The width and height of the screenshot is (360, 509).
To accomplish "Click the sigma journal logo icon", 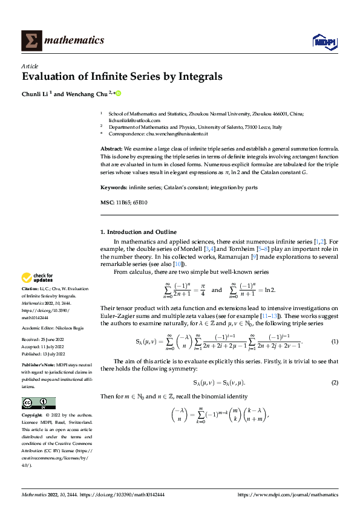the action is [31, 41].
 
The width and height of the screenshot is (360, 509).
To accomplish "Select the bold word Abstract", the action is [111, 148].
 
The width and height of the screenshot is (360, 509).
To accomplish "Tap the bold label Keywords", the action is [114, 187].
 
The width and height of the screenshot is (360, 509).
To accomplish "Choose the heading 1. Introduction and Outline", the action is [138, 232].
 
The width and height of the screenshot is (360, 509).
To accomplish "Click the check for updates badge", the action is [38, 278].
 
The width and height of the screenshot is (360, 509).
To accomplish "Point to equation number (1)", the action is [334, 342].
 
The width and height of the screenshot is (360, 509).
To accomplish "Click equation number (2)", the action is [334, 383].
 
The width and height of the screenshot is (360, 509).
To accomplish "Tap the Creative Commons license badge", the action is [38, 403].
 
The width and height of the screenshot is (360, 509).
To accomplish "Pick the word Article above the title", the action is [30, 65].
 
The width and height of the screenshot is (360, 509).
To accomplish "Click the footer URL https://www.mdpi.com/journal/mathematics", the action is [287, 494].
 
